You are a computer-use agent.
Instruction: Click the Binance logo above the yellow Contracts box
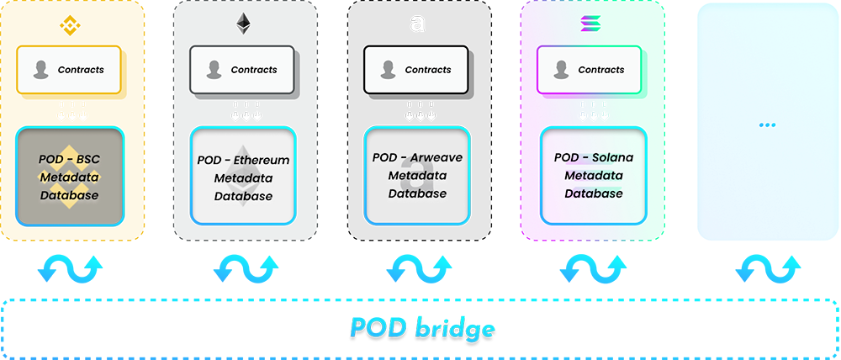[70, 24]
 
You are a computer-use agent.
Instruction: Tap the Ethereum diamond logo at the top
[244, 24]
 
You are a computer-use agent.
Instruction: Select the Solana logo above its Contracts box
[590, 24]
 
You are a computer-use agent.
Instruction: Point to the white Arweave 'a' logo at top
[417, 24]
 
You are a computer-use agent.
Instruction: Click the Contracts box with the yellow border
[69, 70]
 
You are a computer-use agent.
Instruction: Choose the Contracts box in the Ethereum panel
[242, 70]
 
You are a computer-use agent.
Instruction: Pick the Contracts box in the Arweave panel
[415, 70]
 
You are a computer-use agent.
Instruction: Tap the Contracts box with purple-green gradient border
[589, 70]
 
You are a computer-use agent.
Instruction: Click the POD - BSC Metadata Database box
[70, 176]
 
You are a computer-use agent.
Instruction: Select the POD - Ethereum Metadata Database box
[243, 176]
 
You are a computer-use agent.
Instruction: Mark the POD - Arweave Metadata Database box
[417, 176]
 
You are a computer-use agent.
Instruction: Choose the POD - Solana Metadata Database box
[593, 176]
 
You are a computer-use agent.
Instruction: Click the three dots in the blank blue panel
[768, 125]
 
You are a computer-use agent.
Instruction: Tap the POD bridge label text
[421, 328]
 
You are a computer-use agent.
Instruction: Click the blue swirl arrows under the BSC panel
[71, 268]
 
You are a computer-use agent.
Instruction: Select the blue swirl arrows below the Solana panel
[593, 268]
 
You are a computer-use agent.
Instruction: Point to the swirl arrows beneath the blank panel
[768, 268]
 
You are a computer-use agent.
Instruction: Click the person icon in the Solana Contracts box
[561, 70]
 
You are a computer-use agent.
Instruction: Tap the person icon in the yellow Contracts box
[40, 70]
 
